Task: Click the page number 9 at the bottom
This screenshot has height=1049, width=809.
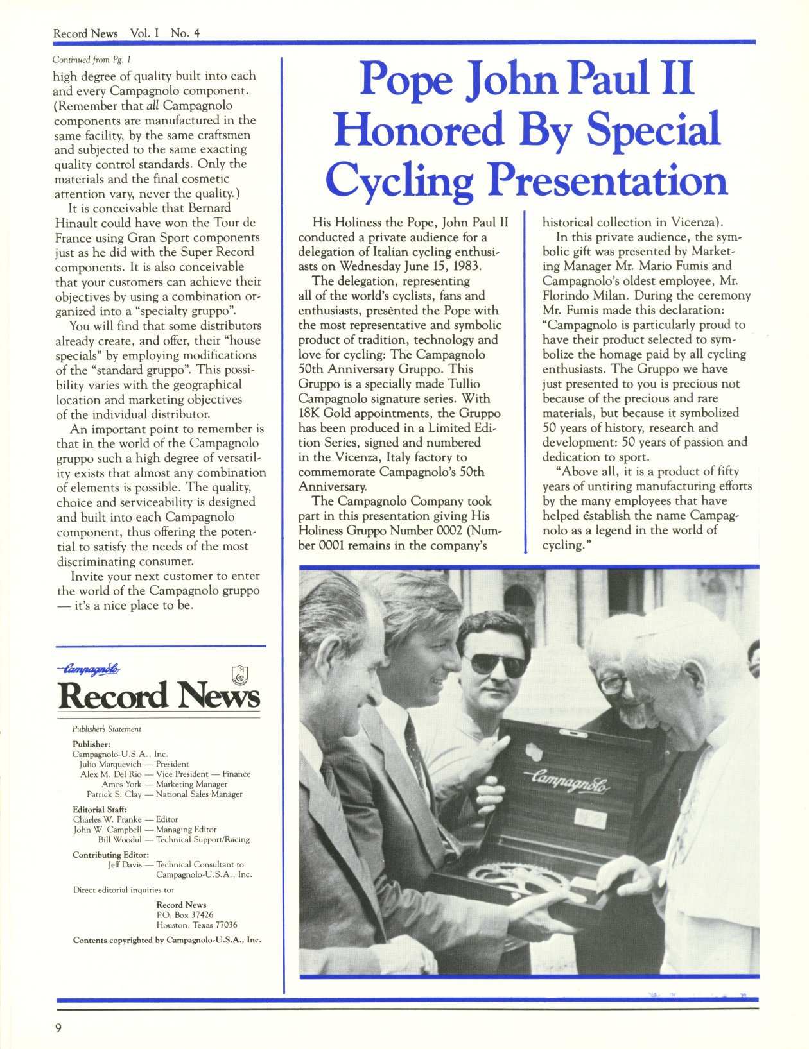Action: (x=58, y=1028)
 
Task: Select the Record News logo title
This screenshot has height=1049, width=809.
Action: (x=159, y=695)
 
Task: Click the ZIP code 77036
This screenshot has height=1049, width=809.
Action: (x=225, y=925)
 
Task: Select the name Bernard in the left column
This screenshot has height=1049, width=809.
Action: (x=209, y=208)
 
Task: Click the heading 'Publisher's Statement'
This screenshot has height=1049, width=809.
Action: (x=107, y=729)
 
